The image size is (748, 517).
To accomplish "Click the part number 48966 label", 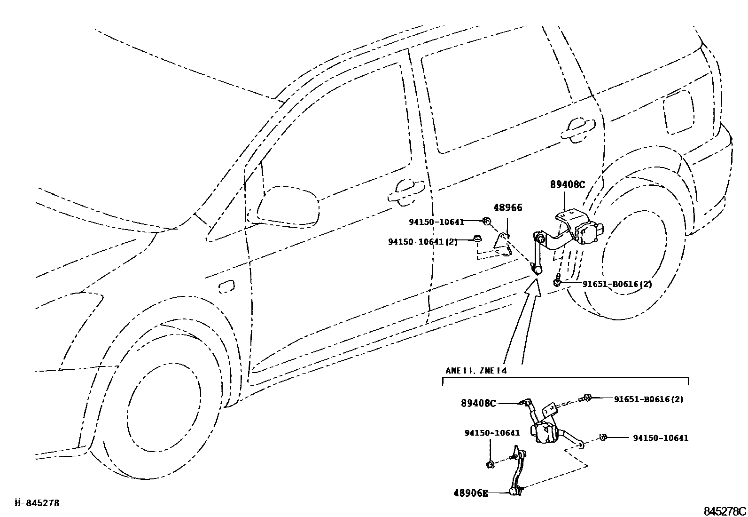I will pyautogui.click(x=507, y=207).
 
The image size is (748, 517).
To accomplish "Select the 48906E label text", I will pyautogui.click(x=471, y=493).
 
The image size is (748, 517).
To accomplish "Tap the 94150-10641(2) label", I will pyautogui.click(x=422, y=242).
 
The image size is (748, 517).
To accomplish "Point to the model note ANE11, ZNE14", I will pyautogui.click(x=476, y=370).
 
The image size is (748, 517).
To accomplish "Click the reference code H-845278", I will pyautogui.click(x=37, y=503).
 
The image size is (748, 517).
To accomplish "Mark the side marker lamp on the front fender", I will pyautogui.click(x=226, y=286).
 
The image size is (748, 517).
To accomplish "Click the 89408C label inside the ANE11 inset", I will pyautogui.click(x=478, y=403).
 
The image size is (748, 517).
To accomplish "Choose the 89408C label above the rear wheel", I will pyautogui.click(x=568, y=185).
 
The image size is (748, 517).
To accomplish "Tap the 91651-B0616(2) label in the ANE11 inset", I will pyautogui.click(x=648, y=399).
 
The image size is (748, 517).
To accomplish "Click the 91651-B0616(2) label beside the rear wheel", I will pyautogui.click(x=617, y=284).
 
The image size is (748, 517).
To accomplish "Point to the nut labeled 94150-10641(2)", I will pyautogui.click(x=476, y=239).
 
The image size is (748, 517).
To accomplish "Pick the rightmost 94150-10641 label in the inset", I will pyautogui.click(x=660, y=438).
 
